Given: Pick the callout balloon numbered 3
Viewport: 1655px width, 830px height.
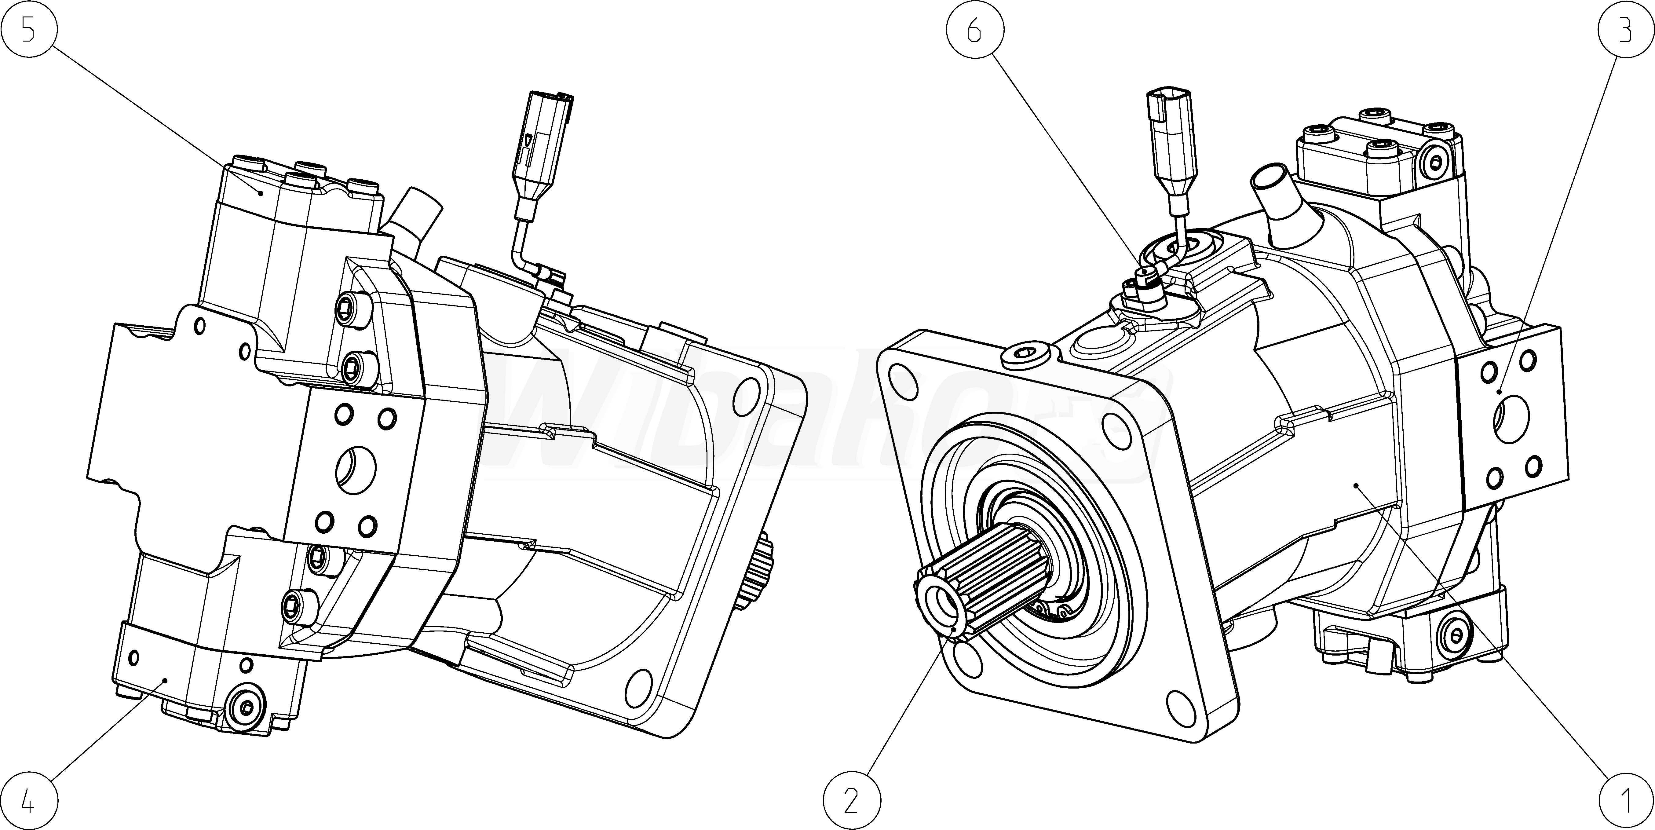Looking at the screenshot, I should (1625, 30).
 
